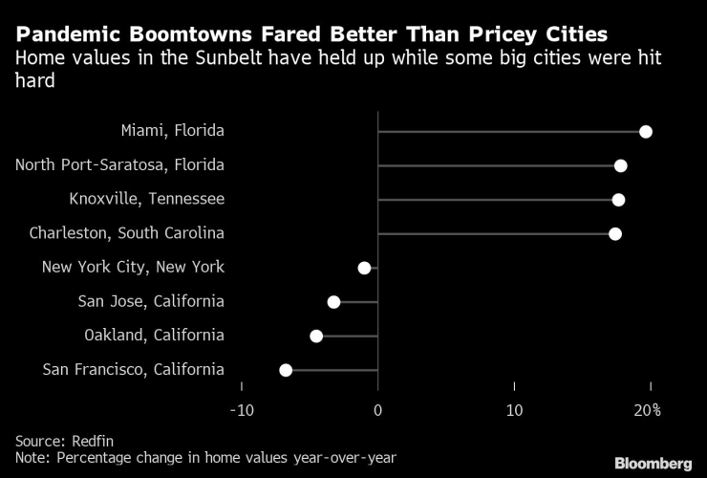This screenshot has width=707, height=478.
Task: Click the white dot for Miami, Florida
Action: (x=646, y=131)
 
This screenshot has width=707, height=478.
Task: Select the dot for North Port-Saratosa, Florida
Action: (x=621, y=165)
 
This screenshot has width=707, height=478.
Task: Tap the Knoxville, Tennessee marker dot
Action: (x=618, y=200)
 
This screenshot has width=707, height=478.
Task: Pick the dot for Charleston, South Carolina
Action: (x=615, y=234)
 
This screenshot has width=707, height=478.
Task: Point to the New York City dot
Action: (x=364, y=268)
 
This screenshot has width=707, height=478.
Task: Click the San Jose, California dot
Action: (x=333, y=302)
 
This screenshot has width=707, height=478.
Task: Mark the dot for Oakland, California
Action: (x=316, y=336)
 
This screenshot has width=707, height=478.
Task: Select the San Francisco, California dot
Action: (x=286, y=370)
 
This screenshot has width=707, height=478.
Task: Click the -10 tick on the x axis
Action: (x=241, y=410)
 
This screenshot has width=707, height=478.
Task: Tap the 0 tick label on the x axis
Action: (x=378, y=410)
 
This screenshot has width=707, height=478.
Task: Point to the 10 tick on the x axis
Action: (x=514, y=410)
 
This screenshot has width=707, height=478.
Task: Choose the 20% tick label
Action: (x=648, y=410)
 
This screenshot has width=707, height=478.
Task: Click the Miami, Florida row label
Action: (x=173, y=131)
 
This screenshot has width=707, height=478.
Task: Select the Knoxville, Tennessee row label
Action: (x=147, y=200)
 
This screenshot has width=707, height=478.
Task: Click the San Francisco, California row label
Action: (x=135, y=370)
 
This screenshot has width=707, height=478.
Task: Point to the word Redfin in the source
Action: (x=92, y=441)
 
